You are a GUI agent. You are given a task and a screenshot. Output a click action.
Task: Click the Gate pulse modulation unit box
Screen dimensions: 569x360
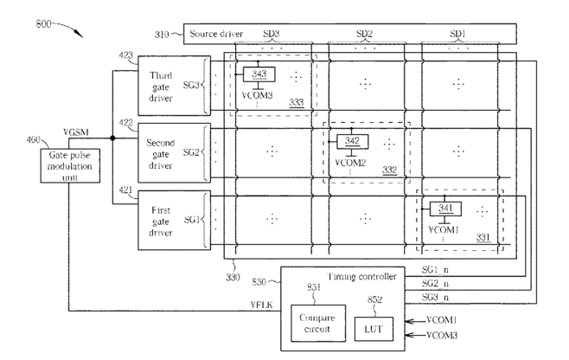click(70, 165)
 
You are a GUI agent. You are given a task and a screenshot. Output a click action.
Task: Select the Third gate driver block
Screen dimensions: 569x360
click(174, 86)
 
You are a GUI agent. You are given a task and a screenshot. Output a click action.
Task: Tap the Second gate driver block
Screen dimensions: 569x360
click(174, 153)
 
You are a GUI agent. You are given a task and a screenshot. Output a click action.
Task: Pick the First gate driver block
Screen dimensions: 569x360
click(174, 220)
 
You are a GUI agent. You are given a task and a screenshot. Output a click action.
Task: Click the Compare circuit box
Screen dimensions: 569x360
click(318, 324)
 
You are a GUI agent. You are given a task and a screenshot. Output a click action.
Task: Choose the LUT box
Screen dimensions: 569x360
click(374, 329)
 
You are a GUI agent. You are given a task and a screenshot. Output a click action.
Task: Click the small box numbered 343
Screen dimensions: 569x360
click(259, 74)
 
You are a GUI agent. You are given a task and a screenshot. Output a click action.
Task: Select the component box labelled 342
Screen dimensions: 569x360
click(352, 141)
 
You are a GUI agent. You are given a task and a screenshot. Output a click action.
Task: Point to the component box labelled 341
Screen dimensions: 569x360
click(445, 209)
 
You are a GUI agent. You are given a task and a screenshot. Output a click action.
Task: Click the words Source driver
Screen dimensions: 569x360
click(216, 34)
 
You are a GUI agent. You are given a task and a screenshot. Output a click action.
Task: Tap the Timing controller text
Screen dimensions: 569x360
click(361, 276)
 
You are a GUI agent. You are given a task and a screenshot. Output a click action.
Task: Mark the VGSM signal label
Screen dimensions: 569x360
click(76, 132)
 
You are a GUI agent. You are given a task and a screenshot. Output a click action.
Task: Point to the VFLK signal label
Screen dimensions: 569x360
click(261, 305)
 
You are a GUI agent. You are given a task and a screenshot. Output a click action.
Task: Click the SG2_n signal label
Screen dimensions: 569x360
click(435, 283)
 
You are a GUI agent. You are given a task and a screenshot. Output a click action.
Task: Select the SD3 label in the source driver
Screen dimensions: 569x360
click(271, 34)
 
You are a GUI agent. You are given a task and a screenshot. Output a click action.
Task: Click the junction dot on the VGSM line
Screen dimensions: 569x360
click(113, 138)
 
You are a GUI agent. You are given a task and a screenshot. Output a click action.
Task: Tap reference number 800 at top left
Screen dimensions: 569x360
click(43, 24)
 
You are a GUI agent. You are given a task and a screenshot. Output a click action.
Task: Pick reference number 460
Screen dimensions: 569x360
click(34, 140)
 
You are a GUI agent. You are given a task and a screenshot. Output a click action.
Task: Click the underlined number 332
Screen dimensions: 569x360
click(389, 170)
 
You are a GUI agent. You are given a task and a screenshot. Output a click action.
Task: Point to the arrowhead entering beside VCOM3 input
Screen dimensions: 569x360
click(410, 335)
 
